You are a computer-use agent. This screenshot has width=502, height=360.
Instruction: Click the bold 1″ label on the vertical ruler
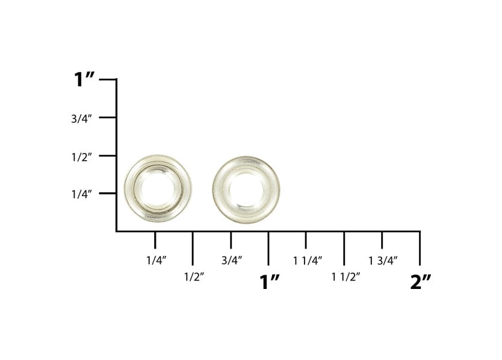[x=84, y=79]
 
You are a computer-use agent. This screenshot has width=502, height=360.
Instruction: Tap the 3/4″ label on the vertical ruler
[x=81, y=119]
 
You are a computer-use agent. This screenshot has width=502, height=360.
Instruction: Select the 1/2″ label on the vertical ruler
[x=81, y=157]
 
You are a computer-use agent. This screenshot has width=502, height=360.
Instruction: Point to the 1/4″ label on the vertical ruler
[x=81, y=194]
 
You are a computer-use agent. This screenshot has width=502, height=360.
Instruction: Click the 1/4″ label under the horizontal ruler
[x=156, y=261]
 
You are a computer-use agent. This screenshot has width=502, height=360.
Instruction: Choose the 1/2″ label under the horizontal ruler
[x=194, y=276]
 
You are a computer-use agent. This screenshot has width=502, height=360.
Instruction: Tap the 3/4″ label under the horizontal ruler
[x=232, y=261]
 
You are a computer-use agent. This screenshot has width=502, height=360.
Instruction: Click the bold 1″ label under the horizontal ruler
[x=269, y=282]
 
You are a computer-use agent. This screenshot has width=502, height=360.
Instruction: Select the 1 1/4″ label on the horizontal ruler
[x=308, y=261]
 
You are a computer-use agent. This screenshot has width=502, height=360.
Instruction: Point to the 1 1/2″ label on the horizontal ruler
[x=346, y=276]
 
